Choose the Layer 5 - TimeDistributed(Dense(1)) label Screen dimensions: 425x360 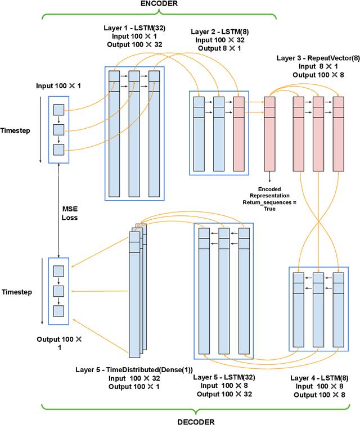(134, 369)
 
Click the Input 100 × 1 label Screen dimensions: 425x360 (58, 86)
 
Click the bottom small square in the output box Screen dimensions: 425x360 (59, 311)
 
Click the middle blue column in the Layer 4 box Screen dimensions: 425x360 (319, 308)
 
